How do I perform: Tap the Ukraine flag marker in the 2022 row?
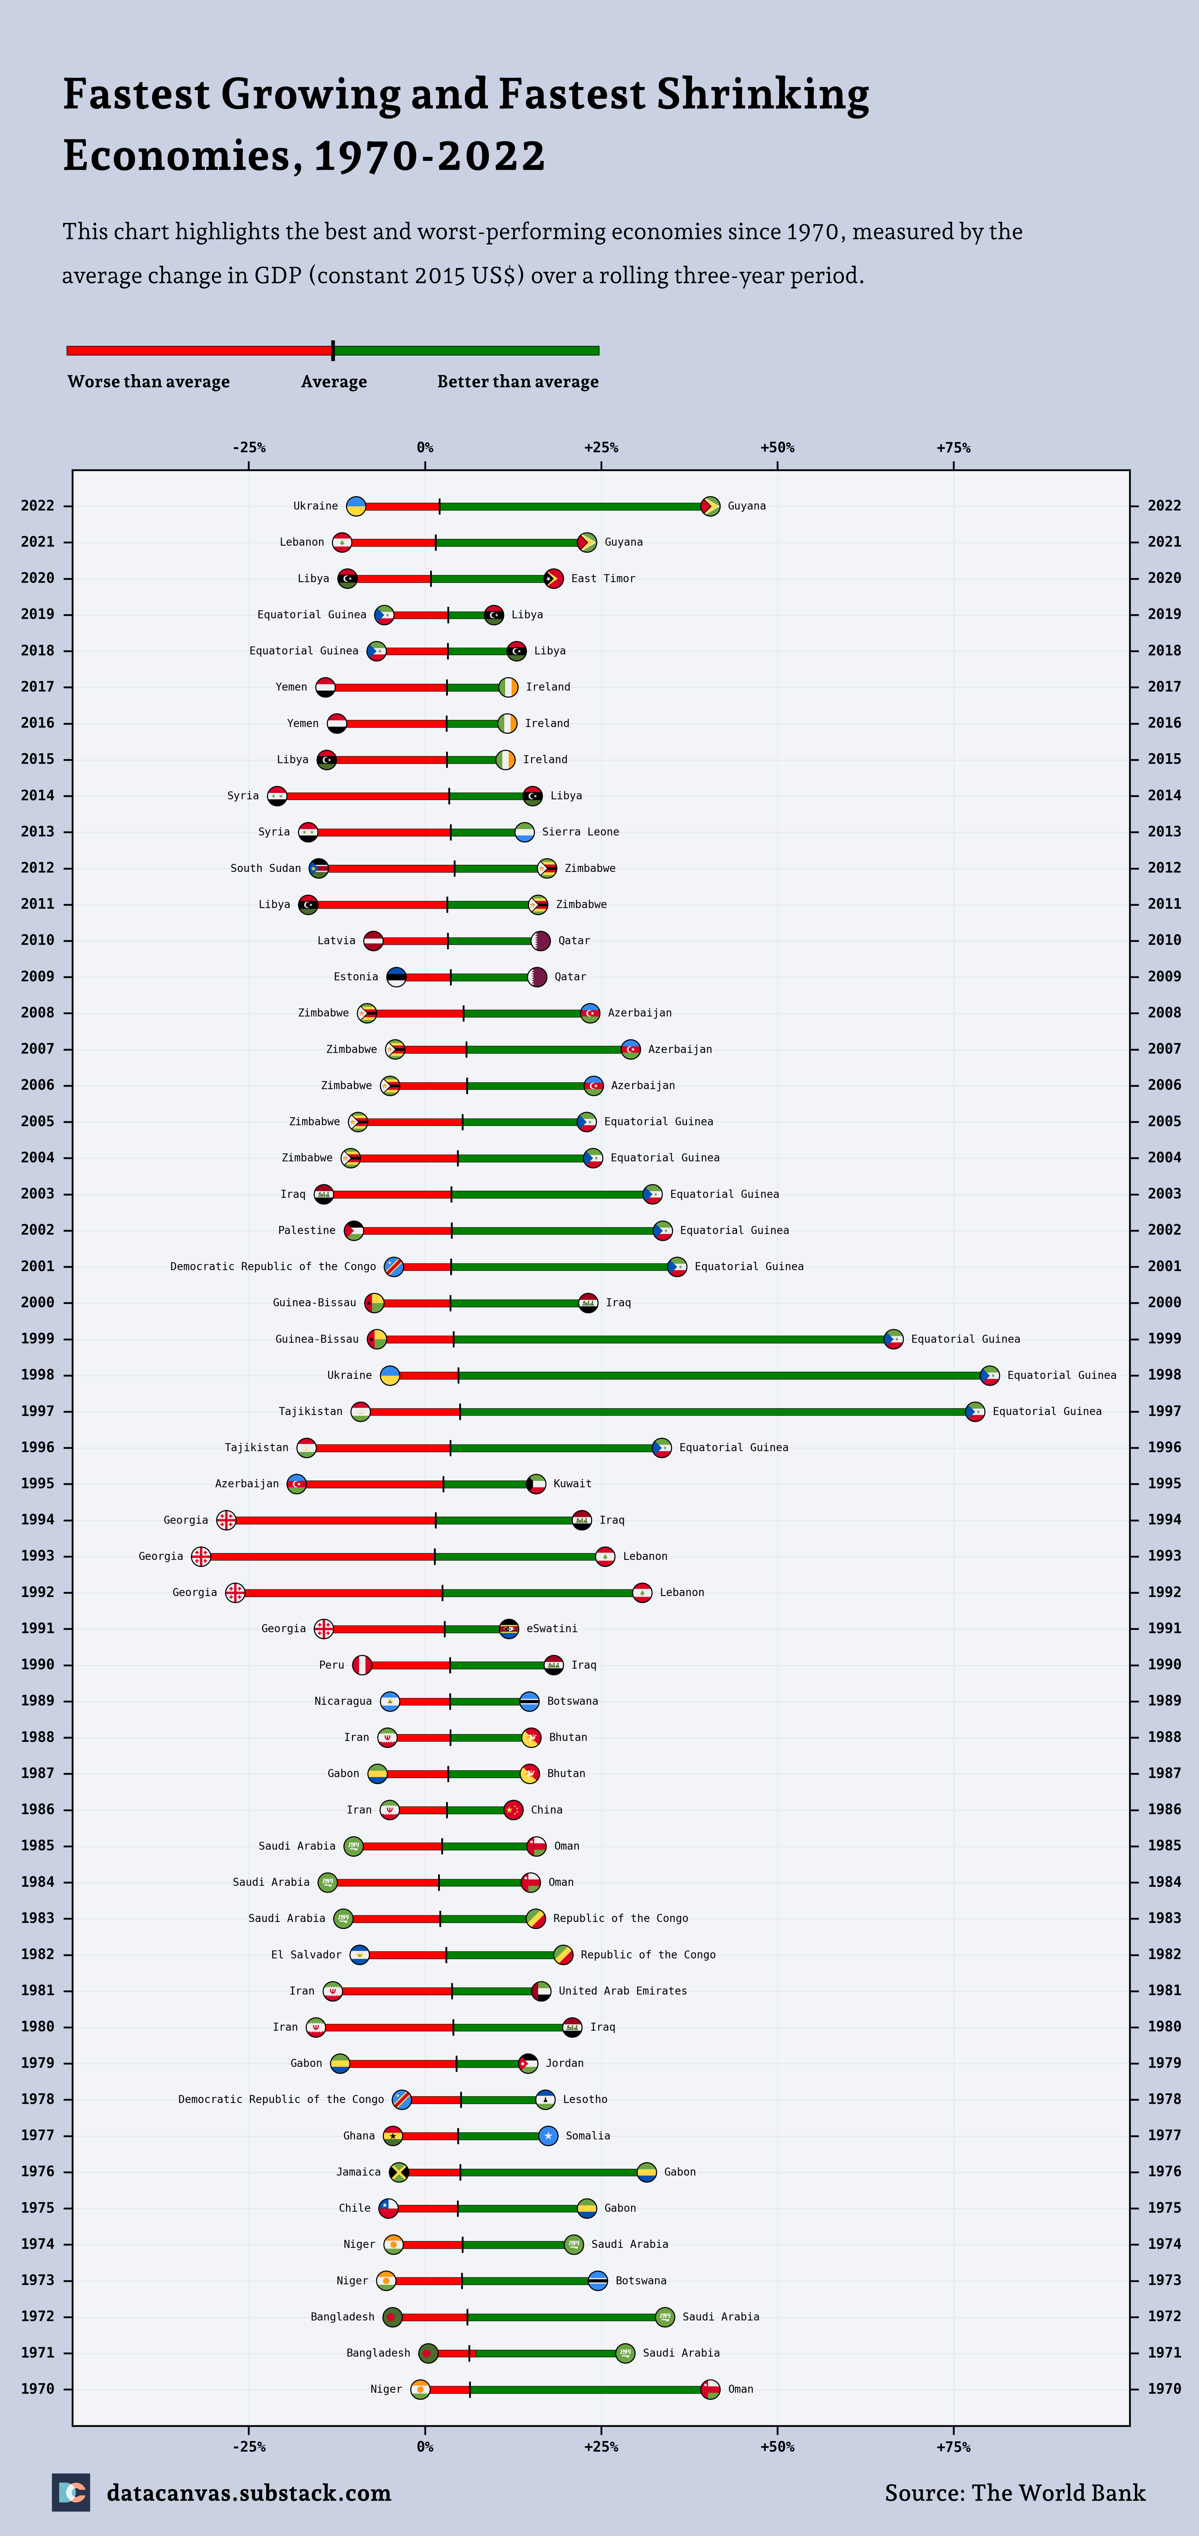[357, 506]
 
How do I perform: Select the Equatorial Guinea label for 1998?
[1061, 1375]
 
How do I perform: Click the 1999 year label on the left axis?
[37, 1339]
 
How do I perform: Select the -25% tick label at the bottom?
[249, 2446]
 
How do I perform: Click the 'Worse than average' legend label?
[149, 382]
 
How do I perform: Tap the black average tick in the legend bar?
[333, 351]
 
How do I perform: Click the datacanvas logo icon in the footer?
[71, 2493]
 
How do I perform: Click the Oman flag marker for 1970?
[710, 2389]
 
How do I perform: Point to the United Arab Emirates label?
[622, 1991]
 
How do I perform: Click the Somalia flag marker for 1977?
[548, 2135]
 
